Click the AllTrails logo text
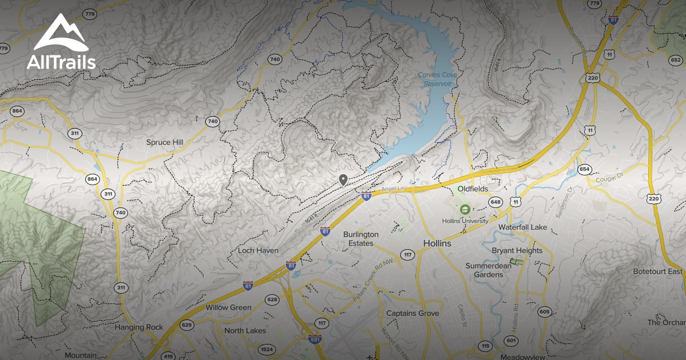click(x=61, y=61)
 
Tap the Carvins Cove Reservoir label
click(x=435, y=79)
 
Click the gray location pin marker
click(x=343, y=180)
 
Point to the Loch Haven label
click(x=258, y=251)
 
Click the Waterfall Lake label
click(x=522, y=227)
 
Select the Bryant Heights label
click(x=517, y=251)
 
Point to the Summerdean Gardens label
click(x=484, y=270)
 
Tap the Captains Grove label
click(x=413, y=313)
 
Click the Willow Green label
click(x=229, y=307)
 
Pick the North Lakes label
click(x=245, y=331)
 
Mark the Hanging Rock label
click(x=139, y=327)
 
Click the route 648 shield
click(x=495, y=202)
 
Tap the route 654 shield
click(x=584, y=169)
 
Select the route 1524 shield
click(x=266, y=349)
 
